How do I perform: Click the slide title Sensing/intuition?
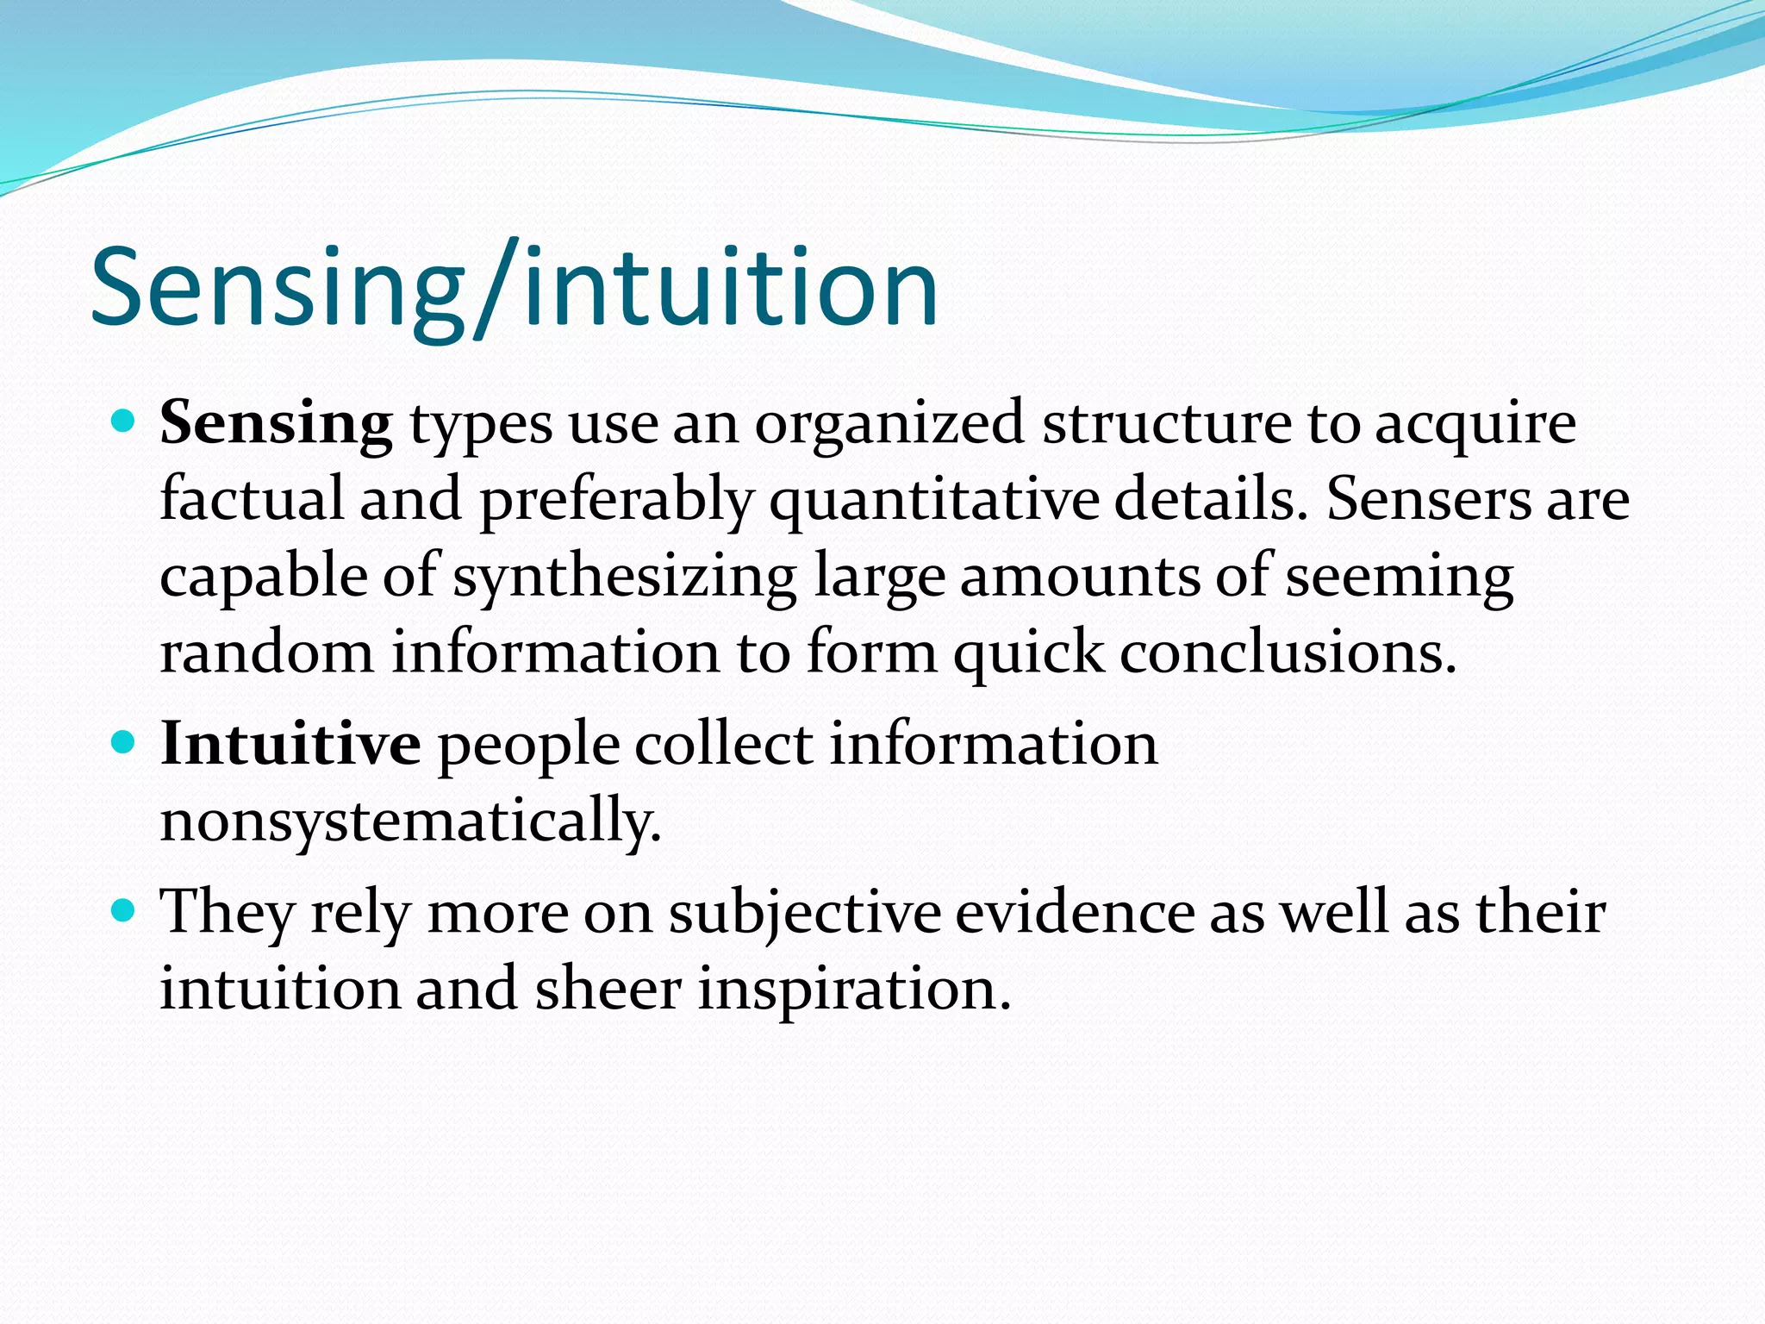coord(514,288)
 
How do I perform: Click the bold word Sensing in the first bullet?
coord(276,424)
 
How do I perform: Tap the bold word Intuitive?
coord(290,743)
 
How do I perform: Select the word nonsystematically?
coord(410,821)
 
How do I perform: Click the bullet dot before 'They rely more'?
coord(124,909)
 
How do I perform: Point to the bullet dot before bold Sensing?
coord(124,422)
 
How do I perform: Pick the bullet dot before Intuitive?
coord(124,741)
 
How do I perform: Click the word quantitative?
coord(933,502)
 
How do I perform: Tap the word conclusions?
coord(1288,653)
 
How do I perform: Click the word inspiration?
coord(853,990)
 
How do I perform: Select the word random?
coord(267,653)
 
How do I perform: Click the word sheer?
coord(608,990)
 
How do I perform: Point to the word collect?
coord(724,743)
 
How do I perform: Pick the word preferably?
coord(616,502)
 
